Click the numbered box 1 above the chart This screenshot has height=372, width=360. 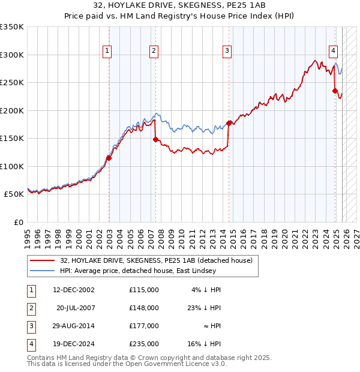[x=107, y=52]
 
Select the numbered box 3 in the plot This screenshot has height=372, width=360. [x=228, y=52]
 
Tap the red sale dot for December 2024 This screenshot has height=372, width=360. [x=335, y=91]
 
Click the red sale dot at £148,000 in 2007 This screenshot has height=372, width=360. [x=155, y=139]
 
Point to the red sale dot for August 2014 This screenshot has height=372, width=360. [x=229, y=123]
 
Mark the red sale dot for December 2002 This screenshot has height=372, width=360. [x=109, y=158]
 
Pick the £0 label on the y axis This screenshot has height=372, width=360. [x=19, y=223]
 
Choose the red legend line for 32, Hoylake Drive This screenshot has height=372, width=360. [x=43, y=260]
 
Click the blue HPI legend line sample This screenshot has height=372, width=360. [x=43, y=271]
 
